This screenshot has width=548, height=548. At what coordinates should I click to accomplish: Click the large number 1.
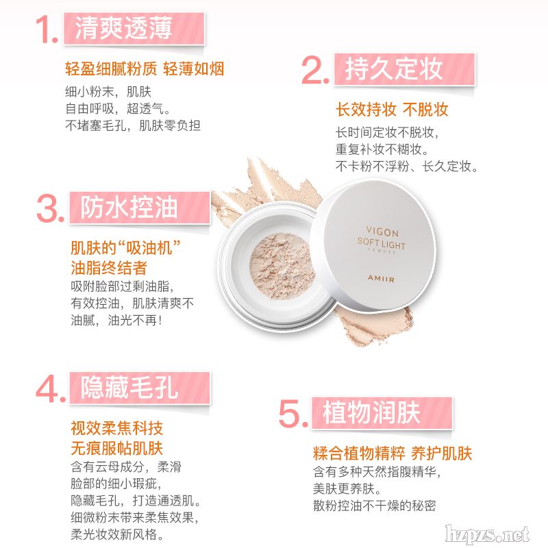pos(47,29)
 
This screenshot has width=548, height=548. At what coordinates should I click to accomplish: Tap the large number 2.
pos(315,71)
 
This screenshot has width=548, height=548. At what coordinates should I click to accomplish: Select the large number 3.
pos(50,209)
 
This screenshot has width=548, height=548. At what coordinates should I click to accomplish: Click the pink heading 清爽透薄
pos(123,28)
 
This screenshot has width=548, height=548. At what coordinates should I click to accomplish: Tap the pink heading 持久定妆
pos(395,68)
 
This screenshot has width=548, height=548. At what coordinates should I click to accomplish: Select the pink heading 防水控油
pos(129,208)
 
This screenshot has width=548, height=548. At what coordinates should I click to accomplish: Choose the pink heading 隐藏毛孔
pos(129,388)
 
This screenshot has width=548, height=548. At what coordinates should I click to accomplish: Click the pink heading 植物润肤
pos(371,413)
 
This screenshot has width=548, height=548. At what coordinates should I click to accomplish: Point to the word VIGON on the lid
pos(382,232)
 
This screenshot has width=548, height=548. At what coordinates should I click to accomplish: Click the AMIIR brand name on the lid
pos(381,279)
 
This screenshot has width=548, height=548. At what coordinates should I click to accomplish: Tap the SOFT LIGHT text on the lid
pos(382,243)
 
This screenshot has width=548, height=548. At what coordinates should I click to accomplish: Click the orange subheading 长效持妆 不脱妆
pos(392,110)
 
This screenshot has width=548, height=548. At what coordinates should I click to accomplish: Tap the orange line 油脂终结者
pos(109,268)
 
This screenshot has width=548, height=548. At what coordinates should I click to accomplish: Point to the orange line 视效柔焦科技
pos(116,428)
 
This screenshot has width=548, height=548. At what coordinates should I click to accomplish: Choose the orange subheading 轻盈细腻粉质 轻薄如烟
pos(145,68)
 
